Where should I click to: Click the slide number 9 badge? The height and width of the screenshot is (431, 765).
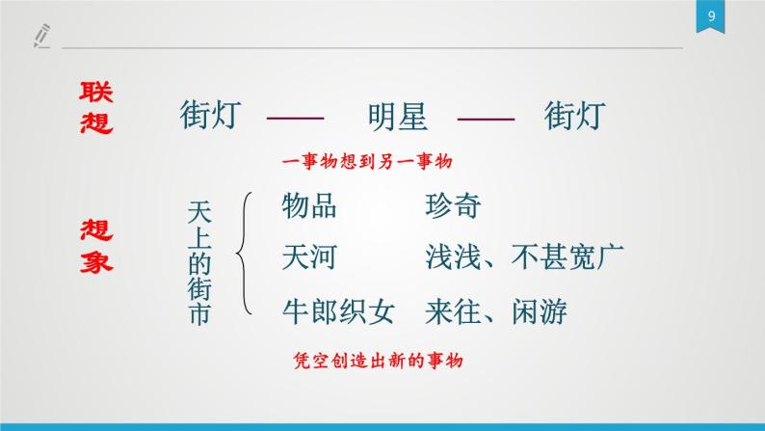click(x=709, y=16)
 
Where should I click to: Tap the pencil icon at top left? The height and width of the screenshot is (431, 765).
click(x=40, y=37)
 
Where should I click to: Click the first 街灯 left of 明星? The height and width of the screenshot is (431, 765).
click(x=210, y=116)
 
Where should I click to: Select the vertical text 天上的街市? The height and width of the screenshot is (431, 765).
click(x=199, y=261)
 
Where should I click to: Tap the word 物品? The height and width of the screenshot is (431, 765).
click(x=309, y=205)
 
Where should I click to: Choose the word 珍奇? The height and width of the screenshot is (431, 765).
click(x=451, y=205)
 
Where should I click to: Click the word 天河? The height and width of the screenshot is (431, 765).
click(x=309, y=257)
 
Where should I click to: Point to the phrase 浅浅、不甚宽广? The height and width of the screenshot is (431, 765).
click(x=524, y=257)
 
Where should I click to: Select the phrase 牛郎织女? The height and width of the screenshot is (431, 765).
click(x=338, y=310)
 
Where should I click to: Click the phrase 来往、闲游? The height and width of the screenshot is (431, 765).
click(x=495, y=310)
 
